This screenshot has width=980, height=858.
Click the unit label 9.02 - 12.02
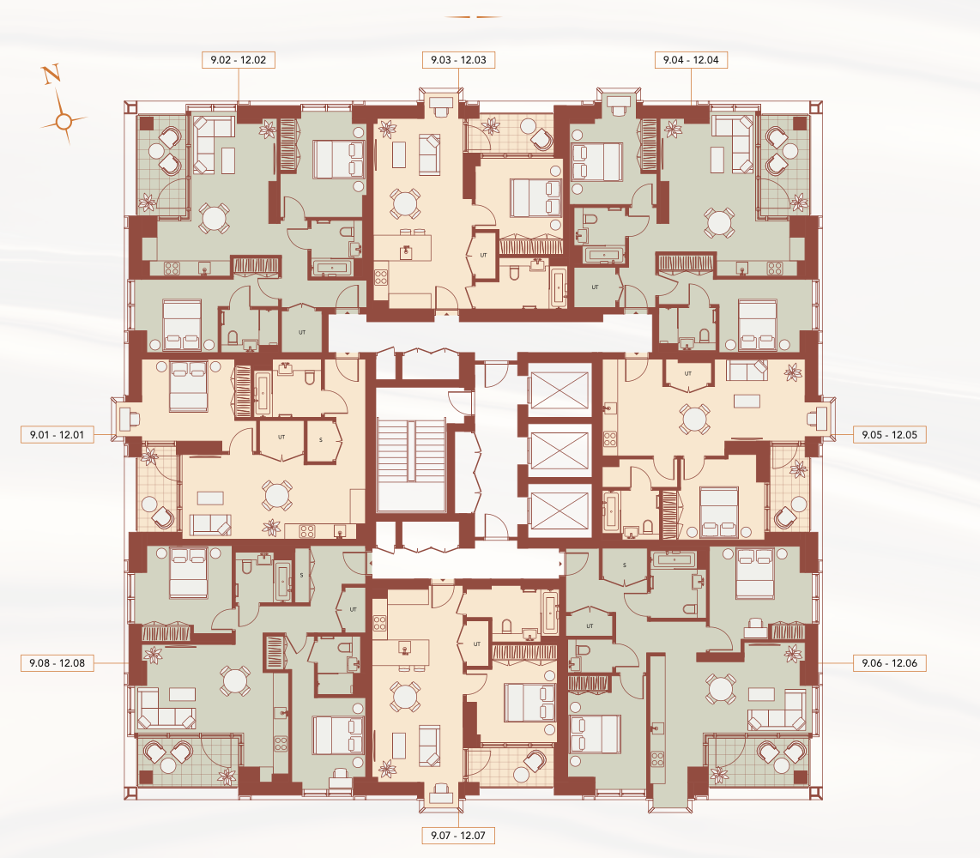[238, 60]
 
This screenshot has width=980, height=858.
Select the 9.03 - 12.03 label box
[458, 60]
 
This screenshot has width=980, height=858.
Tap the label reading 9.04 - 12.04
[691, 60]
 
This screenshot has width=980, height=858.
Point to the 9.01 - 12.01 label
[57, 434]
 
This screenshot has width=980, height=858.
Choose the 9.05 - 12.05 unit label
[889, 434]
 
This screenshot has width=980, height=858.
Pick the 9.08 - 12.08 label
[57, 663]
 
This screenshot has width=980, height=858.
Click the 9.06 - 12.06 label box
[889, 663]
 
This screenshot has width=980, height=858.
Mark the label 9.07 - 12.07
[458, 835]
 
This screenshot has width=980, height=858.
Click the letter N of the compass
[51, 74]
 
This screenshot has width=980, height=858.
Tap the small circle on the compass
[64, 121]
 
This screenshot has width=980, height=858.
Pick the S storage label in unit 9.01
[321, 440]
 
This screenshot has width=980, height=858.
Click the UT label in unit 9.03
[483, 255]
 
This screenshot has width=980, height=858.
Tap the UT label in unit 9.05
[688, 374]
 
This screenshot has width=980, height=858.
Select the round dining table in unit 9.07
[405, 696]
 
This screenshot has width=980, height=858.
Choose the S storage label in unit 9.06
[625, 565]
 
